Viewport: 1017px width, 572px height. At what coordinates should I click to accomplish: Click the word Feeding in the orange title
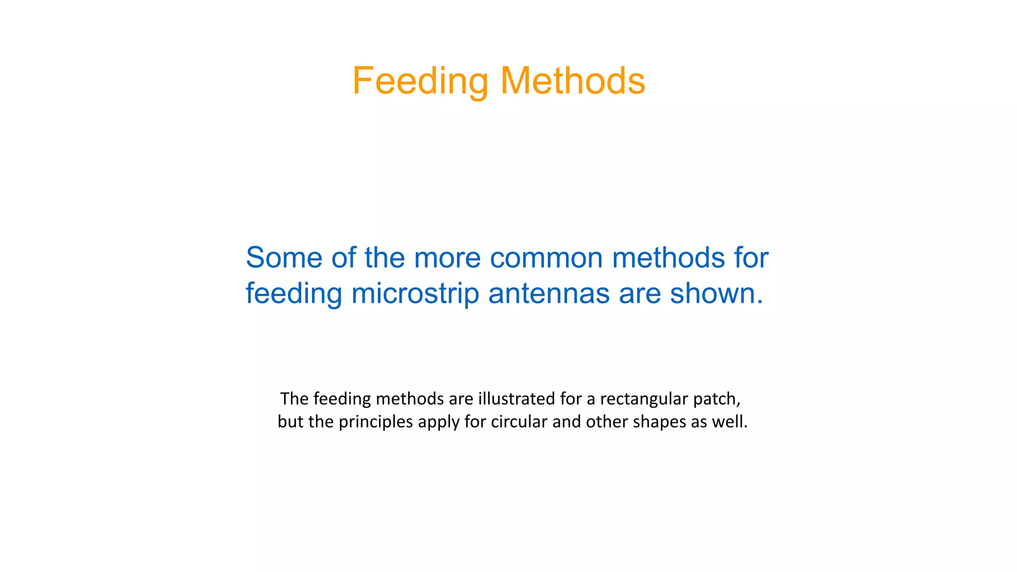coord(420,81)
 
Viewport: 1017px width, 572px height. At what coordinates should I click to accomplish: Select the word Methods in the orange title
coord(573,81)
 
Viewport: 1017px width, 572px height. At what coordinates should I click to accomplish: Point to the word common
coord(545,258)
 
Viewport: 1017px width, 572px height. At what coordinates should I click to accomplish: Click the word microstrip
coord(415,293)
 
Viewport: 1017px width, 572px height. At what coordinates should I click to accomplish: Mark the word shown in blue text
coord(716,293)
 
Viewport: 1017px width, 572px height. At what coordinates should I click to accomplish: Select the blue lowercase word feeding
coord(294,293)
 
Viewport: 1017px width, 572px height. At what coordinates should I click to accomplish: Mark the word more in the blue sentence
coord(447,258)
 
